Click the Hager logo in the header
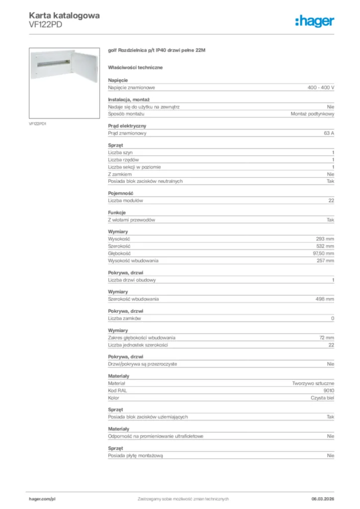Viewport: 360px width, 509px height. (314, 21)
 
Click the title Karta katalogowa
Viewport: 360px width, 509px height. (64, 15)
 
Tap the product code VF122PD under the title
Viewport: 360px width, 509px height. (46, 25)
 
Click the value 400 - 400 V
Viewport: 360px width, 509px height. (321, 87)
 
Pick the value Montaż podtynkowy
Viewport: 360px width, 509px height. (312, 114)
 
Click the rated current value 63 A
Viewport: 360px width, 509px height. (329, 133)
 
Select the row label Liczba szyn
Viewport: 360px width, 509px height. (120, 152)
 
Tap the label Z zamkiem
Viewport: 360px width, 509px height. (120, 174)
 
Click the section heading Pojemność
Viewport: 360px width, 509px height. (120, 193)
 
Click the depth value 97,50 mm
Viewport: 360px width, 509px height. (323, 254)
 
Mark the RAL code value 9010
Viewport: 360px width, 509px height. (329, 391)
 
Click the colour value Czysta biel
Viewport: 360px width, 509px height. (322, 398)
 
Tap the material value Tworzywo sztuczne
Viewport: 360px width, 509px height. (313, 384)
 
